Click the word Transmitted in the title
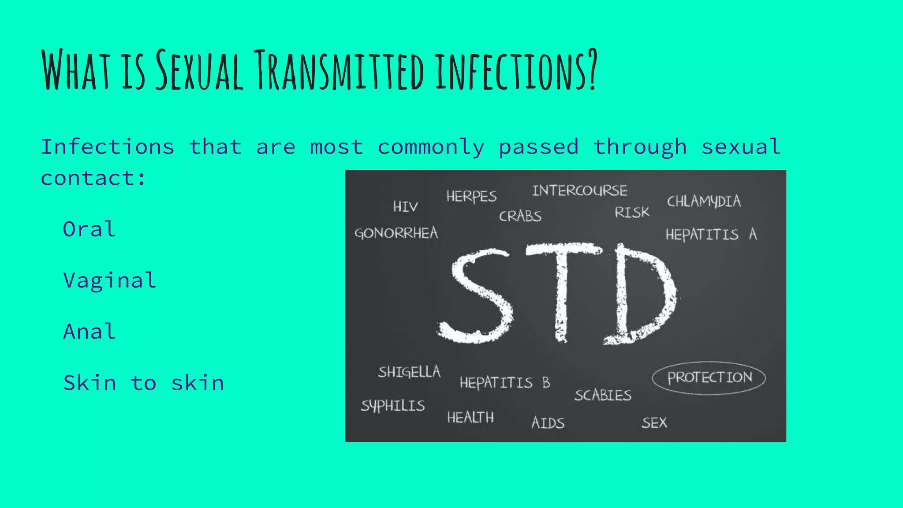(x=340, y=71)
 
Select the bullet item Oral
(x=90, y=229)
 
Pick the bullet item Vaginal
(x=110, y=281)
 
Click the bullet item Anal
(x=90, y=332)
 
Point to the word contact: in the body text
(x=93, y=179)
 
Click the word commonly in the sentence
(x=431, y=147)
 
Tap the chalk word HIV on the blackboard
(x=405, y=206)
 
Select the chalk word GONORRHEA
(x=396, y=233)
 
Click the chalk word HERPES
(x=471, y=196)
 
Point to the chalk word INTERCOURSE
(x=579, y=190)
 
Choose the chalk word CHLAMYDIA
(x=704, y=202)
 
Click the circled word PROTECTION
(x=709, y=377)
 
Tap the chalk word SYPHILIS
(x=393, y=406)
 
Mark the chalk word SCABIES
(x=603, y=395)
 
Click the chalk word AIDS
(x=548, y=423)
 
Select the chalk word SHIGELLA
(x=409, y=372)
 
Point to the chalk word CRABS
(x=520, y=216)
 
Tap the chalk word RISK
(x=632, y=213)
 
